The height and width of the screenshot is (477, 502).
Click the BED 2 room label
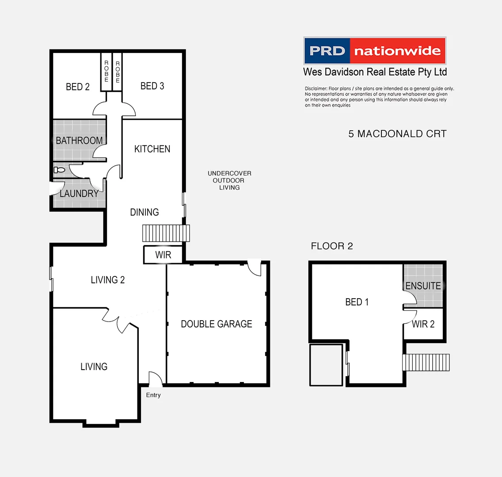[x=78, y=87]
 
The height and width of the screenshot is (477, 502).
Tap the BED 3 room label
[x=152, y=86]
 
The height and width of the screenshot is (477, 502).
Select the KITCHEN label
[x=152, y=149]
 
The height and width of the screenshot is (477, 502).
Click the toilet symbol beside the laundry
[x=59, y=170]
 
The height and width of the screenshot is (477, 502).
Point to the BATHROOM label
[x=79, y=140]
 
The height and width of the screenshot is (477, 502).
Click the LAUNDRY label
[x=79, y=193]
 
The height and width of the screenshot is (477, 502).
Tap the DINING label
[x=145, y=212]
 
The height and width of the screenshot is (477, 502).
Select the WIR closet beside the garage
[x=163, y=255]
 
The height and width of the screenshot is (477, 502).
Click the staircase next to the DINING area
[x=166, y=233]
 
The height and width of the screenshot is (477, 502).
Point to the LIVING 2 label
[x=107, y=280]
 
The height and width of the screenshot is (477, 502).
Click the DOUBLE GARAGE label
[x=217, y=324]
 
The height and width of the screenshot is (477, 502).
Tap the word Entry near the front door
[x=153, y=395]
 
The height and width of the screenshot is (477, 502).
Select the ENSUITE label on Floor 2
[x=423, y=286]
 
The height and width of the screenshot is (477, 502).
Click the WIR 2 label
[x=423, y=324]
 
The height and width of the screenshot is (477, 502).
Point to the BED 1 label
[x=357, y=302]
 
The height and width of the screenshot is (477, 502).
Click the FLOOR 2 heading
[x=332, y=246]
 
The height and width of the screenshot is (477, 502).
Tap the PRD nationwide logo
[x=375, y=51]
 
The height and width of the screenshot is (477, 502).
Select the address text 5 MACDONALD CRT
[x=397, y=134]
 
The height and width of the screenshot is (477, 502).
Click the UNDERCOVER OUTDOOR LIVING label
[x=229, y=180]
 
